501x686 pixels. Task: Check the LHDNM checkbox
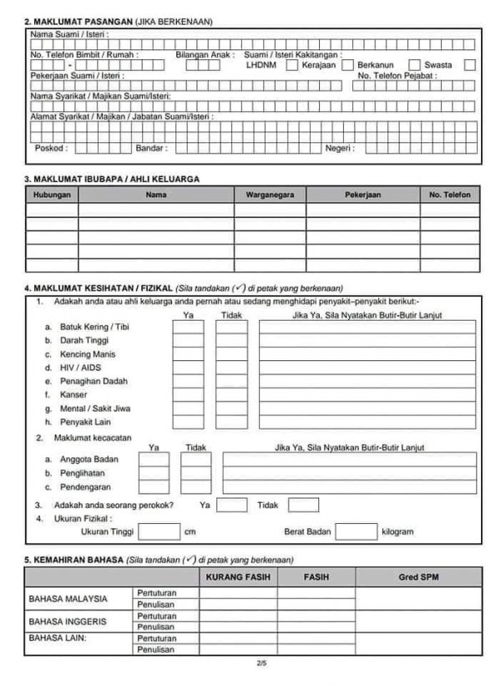pos(291,64)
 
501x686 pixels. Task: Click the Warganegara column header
pos(270,194)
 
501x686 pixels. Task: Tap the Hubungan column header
pos(52,194)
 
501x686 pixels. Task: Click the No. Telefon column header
pos(449,194)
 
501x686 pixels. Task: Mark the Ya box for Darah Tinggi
pos(188,340)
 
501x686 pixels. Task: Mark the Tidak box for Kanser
pos(231,395)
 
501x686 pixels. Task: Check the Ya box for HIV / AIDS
pos(188,368)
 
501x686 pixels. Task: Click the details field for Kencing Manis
pos(367,354)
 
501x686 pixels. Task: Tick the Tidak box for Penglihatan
pos(196,473)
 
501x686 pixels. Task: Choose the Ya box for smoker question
pos(233,505)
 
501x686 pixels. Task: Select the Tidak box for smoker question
pos(304,505)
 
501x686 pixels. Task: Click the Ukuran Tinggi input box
pos(159,531)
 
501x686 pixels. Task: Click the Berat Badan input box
pos(356,531)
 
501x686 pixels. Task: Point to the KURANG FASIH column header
pos(239,577)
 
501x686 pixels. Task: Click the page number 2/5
pos(262,665)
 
